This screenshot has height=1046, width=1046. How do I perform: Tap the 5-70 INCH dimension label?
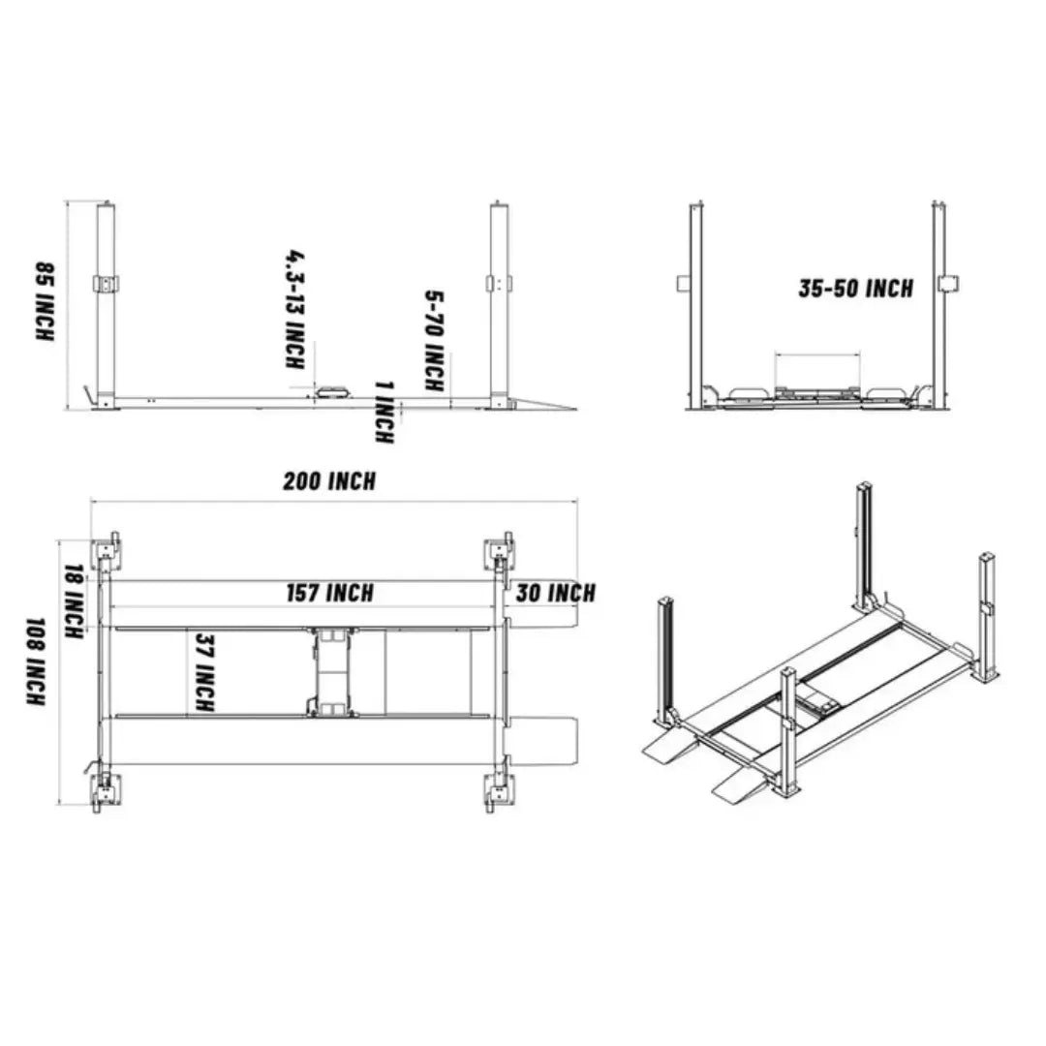435,341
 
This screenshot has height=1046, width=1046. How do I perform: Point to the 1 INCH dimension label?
384,412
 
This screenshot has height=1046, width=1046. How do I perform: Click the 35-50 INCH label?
855,289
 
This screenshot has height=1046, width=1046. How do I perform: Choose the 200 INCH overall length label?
329,481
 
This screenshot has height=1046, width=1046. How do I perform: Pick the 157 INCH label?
329,593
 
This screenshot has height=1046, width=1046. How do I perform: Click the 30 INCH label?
555,593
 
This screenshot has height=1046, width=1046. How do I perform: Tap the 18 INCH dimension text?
72,602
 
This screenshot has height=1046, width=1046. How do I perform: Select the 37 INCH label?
204,673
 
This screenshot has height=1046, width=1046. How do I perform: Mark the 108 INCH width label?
35,661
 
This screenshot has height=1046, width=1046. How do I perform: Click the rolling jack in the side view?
333,391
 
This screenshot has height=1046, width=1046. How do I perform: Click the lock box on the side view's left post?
106,284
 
